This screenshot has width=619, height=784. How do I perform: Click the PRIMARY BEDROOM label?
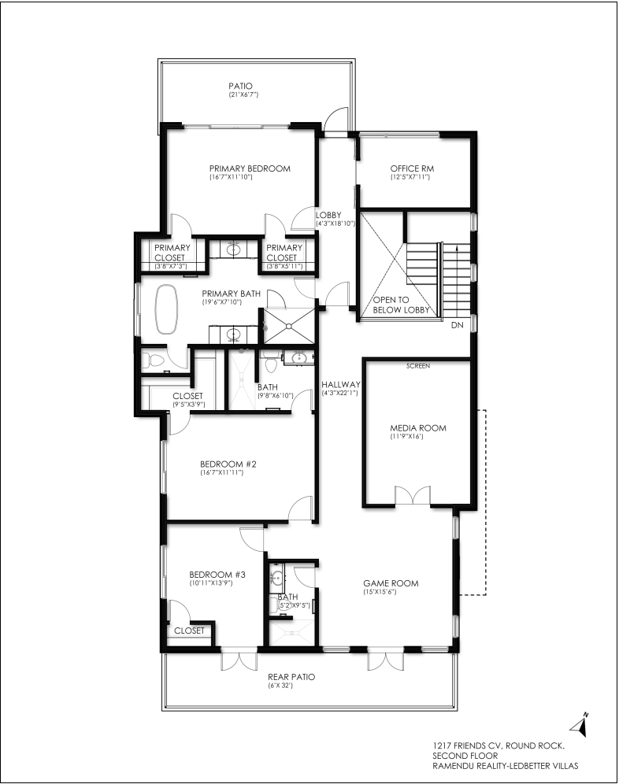(250, 168)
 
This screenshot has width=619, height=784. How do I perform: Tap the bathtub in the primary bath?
(167, 309)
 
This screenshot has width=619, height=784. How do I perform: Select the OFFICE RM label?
(412, 168)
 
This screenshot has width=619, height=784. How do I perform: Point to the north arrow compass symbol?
(580, 724)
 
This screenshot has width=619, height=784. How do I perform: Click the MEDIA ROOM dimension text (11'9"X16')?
(408, 437)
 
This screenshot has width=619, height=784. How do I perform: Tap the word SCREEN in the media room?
(418, 366)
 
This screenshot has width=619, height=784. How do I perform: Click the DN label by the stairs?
(457, 325)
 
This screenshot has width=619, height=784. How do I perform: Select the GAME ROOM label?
(391, 583)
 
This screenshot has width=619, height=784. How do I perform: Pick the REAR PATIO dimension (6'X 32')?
(280, 686)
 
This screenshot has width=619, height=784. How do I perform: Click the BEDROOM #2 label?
(228, 464)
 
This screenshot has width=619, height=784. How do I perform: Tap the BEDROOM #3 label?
(217, 575)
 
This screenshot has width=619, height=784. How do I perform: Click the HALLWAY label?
(341, 384)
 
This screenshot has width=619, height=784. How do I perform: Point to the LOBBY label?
(328, 215)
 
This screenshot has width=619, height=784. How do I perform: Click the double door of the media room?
(413, 495)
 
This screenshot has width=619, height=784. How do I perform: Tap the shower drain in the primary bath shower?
(289, 326)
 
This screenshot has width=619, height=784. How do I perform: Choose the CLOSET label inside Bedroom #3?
(189, 631)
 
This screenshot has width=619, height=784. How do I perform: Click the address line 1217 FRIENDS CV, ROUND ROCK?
(499, 746)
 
